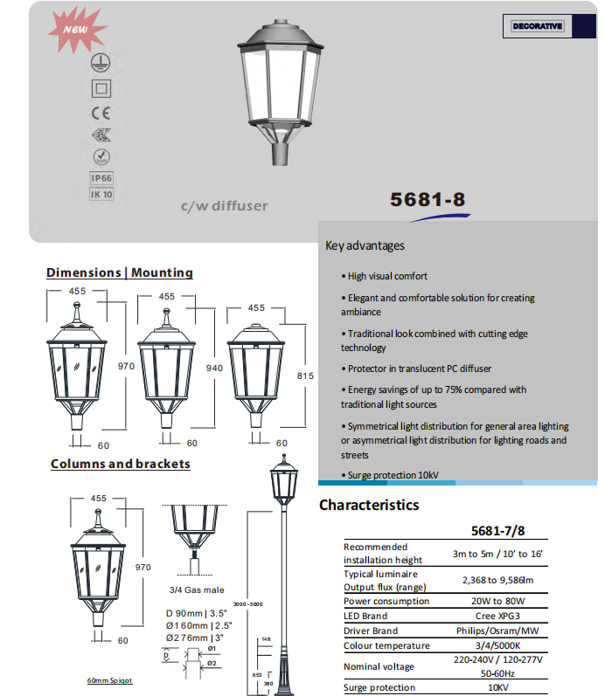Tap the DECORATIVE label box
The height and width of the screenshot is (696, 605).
click(538, 26)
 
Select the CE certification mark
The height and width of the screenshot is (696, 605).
click(101, 113)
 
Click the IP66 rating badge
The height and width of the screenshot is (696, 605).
click(101, 177)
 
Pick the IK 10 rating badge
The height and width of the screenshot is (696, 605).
click(101, 194)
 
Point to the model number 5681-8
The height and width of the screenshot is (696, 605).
click(428, 200)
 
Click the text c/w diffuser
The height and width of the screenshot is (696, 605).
click(224, 207)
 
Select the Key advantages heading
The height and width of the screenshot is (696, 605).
click(365, 245)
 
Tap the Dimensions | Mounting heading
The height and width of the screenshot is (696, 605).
click(120, 272)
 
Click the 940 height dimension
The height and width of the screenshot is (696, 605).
click(213, 368)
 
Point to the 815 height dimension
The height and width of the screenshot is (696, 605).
click(305, 376)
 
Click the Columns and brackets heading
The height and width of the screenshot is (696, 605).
click(120, 464)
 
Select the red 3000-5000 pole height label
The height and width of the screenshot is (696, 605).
click(248, 604)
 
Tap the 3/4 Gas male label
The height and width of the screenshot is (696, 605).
click(197, 590)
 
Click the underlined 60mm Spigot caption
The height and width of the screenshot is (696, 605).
click(109, 680)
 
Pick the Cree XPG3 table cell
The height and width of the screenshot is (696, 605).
click(497, 616)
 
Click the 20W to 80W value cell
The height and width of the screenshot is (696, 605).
click(497, 601)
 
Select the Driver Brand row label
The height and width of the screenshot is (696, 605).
click(371, 631)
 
